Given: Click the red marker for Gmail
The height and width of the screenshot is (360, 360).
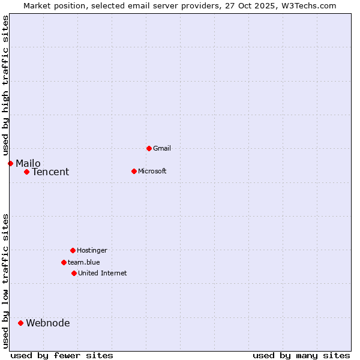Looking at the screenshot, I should pyautogui.click(x=149, y=148).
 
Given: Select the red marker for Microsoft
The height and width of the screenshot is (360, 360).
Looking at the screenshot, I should pyautogui.click(x=134, y=171).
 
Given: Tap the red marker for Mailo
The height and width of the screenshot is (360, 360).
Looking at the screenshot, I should pyautogui.click(x=10, y=163).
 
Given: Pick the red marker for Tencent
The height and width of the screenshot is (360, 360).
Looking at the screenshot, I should pyautogui.click(x=26, y=172).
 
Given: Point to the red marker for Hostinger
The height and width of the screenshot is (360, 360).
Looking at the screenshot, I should pyautogui.click(x=73, y=250).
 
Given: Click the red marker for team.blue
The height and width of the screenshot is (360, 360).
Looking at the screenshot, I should pyautogui.click(x=64, y=262).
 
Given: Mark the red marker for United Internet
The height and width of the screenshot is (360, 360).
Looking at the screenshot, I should pyautogui.click(x=74, y=273).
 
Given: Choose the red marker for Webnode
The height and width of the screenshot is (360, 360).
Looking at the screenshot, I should pyautogui.click(x=20, y=323).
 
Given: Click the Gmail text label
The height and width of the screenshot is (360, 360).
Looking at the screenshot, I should pyautogui.click(x=162, y=148).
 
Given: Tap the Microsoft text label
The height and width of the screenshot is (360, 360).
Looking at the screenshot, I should pyautogui.click(x=152, y=171).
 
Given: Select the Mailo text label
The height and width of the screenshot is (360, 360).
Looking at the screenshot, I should pyautogui.click(x=28, y=163).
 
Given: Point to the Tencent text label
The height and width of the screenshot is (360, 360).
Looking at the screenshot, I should pyautogui.click(x=50, y=172).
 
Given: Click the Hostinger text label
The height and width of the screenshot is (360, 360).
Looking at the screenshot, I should pyautogui.click(x=92, y=250).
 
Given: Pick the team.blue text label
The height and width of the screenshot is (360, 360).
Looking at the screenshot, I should pyautogui.click(x=84, y=262).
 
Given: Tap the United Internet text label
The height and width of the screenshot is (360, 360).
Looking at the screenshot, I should pyautogui.click(x=103, y=273).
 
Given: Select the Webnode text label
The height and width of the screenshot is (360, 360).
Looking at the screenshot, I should pyautogui.click(x=48, y=323).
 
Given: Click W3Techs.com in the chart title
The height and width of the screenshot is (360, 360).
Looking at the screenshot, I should pyautogui.click(x=308, y=5).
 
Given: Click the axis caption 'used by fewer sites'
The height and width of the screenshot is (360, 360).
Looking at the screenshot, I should pyautogui.click(x=62, y=355).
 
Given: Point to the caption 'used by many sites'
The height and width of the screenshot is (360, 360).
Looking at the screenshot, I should pyautogui.click(x=301, y=355).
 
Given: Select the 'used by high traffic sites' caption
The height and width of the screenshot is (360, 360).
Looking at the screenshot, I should pyautogui.click(x=5, y=85).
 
